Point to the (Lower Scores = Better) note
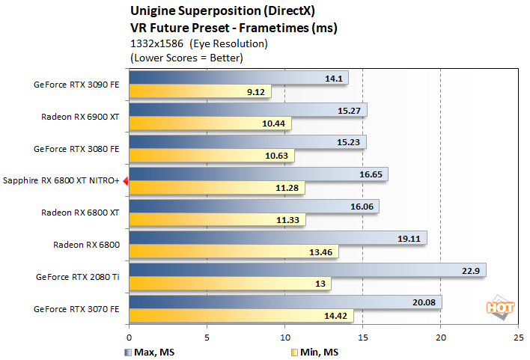coord(186,58)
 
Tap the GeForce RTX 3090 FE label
coord(76,85)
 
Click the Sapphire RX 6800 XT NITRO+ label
coord(61,180)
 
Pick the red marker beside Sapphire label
coord(126,180)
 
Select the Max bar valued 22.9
coord(308,269)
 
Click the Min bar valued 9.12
coord(200,93)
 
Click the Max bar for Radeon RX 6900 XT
coord(248,110)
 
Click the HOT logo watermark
coord(499,307)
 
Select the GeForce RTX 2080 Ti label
coord(78,276)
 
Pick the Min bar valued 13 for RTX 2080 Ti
coord(230,284)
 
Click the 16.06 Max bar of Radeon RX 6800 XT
coord(254,206)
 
